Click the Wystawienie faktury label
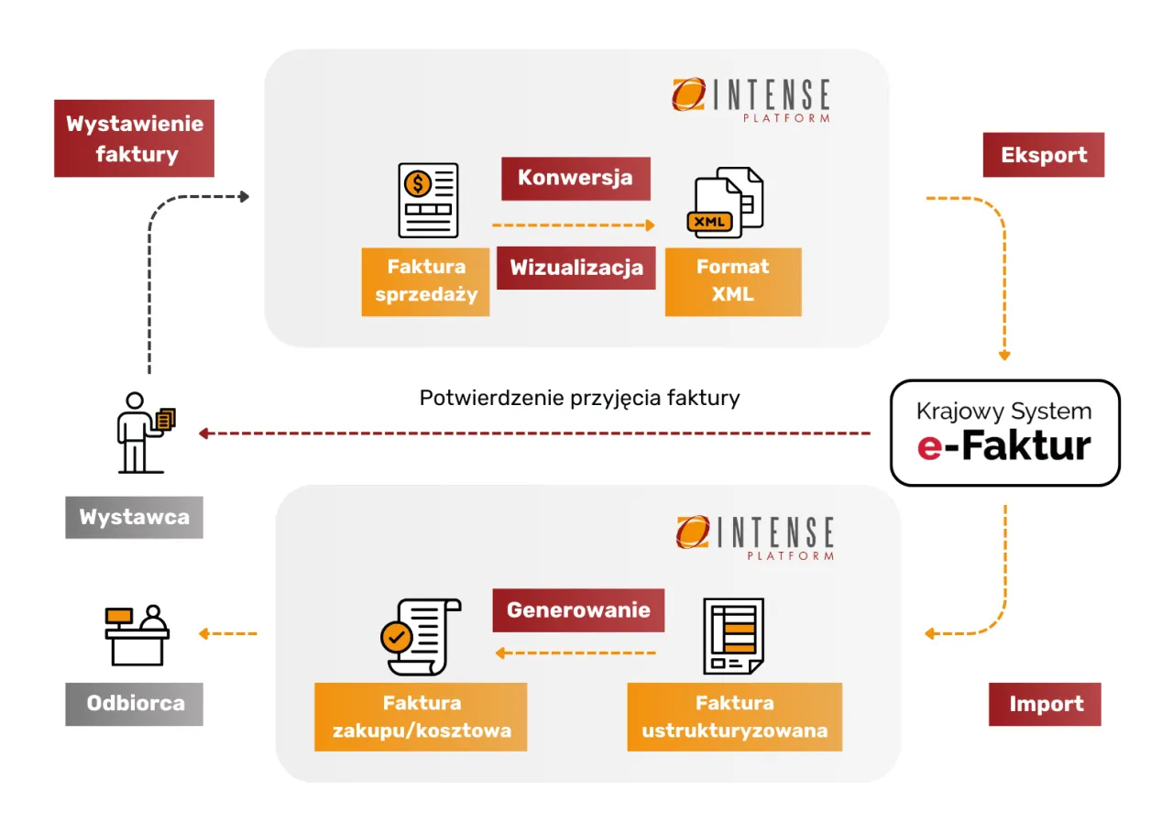[134, 138]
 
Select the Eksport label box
[1043, 155]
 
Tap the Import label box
[1045, 704]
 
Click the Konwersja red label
[575, 178]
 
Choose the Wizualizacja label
[576, 268]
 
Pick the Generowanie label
[578, 609]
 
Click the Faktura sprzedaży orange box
[425, 281]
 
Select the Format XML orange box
[732, 281]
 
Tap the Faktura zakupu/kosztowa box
[421, 717]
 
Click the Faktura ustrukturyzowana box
[734, 717]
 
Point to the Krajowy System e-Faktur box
[1004, 433]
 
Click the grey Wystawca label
[134, 517]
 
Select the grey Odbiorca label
[134, 704]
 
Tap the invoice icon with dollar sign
[428, 200]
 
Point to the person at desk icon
[137, 634]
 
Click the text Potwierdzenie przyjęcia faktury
[579, 398]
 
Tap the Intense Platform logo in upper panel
[751, 99]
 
